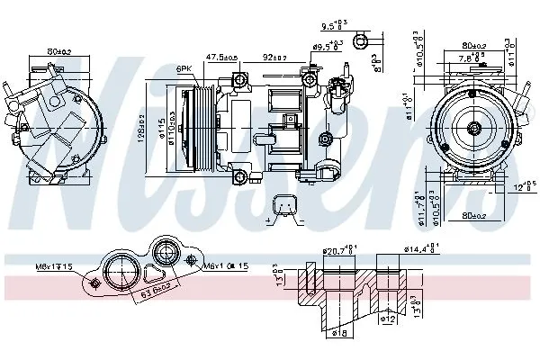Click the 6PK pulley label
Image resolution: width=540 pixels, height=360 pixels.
184,68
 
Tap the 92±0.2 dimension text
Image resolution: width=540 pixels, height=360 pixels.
275,57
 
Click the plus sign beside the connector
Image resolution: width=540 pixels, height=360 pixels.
268,220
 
